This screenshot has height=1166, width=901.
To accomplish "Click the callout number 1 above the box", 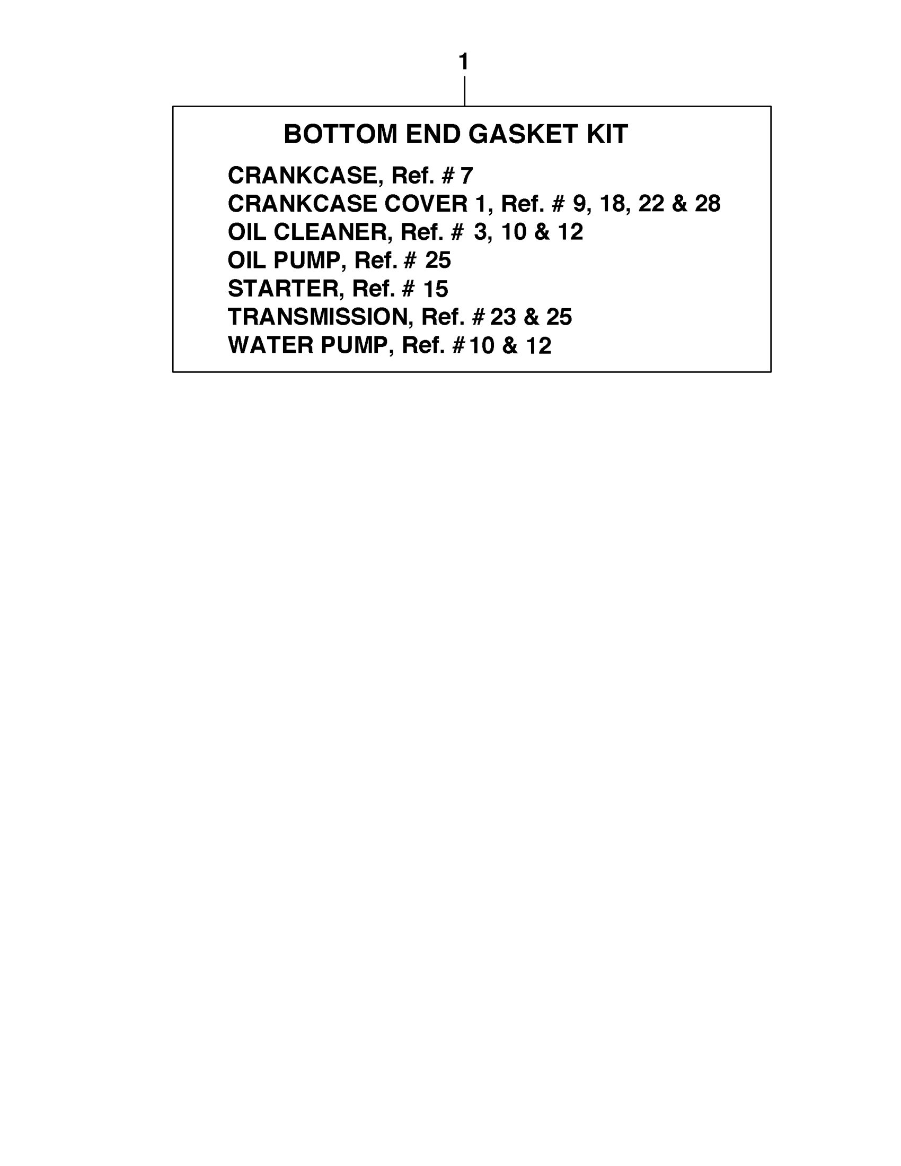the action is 463,62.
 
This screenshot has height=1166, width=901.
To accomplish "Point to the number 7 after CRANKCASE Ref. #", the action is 466,176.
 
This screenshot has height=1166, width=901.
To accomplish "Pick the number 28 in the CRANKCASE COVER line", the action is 708,203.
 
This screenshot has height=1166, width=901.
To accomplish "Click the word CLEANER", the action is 330,232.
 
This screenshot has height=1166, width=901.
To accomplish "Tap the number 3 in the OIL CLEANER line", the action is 480,232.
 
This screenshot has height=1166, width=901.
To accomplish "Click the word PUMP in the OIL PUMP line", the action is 306,260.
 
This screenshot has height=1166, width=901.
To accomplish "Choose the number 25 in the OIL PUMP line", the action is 438,260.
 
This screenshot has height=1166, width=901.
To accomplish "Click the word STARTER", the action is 282,289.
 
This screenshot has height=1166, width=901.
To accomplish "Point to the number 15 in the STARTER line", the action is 435,289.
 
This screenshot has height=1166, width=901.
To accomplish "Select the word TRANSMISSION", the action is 318,317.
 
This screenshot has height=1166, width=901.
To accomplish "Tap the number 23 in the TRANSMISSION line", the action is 502,317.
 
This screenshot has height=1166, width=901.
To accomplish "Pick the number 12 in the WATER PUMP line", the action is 538,346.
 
